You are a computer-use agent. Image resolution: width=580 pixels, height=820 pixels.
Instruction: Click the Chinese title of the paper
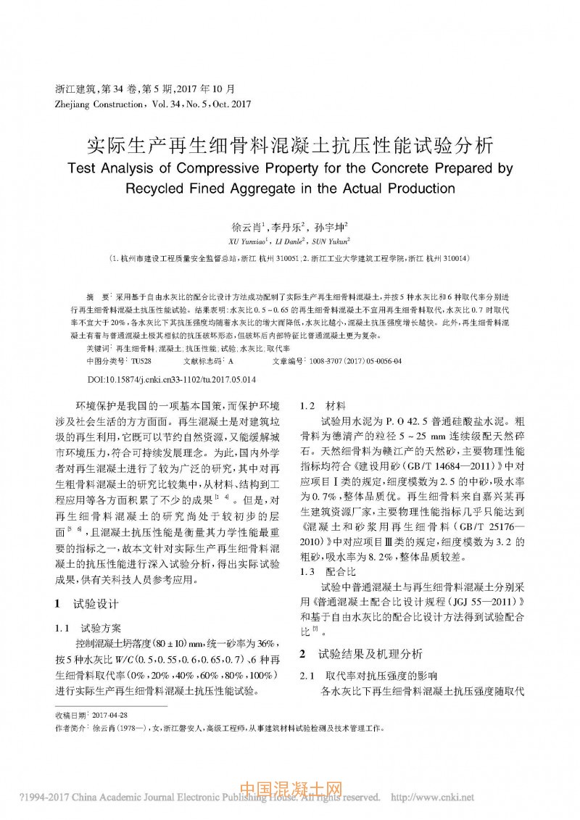290,144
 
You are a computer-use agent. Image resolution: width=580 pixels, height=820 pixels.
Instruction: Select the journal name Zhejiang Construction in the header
98,104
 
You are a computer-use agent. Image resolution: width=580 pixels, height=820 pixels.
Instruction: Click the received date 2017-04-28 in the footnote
110,714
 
